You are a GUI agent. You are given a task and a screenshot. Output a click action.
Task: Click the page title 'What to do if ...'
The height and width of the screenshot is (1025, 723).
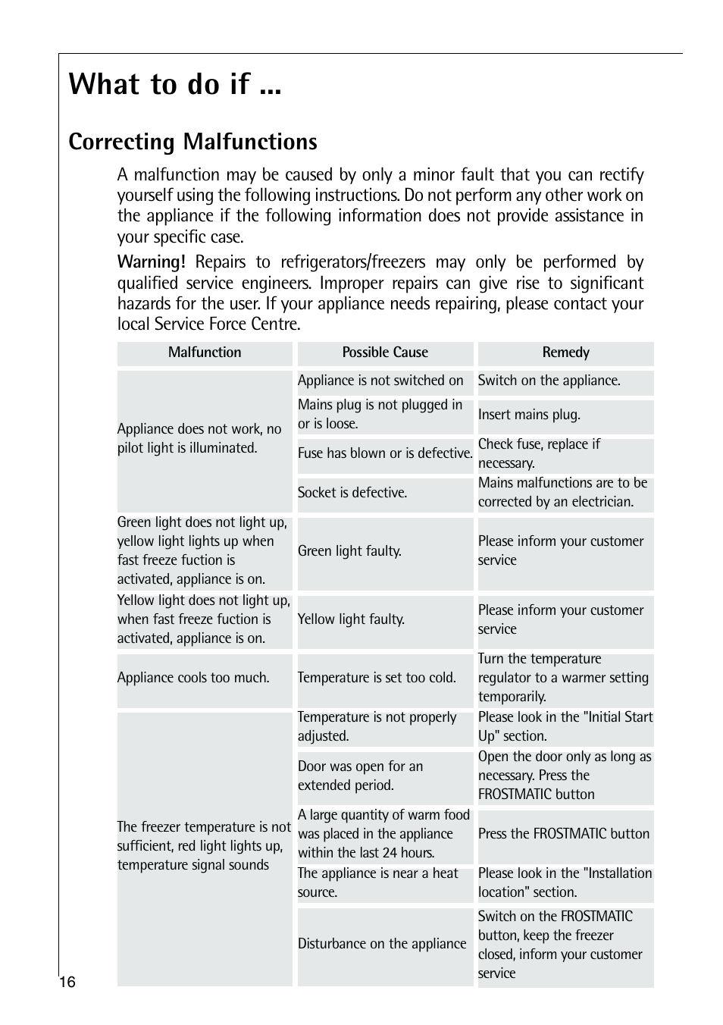[174, 84]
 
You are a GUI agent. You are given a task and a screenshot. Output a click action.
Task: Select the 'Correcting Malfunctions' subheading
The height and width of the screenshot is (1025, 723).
[192, 142]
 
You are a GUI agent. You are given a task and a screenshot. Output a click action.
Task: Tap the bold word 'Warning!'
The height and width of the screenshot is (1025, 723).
[151, 262]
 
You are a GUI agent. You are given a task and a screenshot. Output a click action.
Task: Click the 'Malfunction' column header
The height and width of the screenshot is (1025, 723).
[205, 353]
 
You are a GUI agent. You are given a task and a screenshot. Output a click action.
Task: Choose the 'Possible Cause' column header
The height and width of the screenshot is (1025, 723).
[385, 353]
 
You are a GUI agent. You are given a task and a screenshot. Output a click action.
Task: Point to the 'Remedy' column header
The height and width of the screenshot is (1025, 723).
[565, 353]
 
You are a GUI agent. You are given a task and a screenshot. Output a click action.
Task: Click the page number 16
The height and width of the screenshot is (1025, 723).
[67, 983]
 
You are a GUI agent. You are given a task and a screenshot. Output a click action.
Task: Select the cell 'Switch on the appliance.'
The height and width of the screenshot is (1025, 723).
[549, 381]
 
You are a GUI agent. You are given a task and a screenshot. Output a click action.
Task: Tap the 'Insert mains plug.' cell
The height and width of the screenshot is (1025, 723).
[529, 415]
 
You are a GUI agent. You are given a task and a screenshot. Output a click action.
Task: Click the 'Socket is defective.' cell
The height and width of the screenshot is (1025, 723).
[352, 493]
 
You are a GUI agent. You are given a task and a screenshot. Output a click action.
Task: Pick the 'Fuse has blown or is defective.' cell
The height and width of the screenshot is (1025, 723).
[385, 453]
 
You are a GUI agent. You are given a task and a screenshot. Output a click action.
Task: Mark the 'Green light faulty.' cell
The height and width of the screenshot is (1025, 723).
[349, 551]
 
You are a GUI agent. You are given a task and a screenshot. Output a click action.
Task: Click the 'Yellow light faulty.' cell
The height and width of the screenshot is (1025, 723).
[351, 619]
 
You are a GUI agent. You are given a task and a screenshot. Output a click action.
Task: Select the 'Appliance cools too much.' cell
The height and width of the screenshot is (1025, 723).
[193, 678]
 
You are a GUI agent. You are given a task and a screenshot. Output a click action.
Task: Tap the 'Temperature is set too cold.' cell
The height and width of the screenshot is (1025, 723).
[377, 678]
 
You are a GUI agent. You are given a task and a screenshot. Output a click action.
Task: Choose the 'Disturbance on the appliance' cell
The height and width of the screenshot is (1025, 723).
[382, 944]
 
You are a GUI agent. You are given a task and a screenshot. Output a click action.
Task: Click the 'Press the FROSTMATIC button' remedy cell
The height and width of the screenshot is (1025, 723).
[564, 834]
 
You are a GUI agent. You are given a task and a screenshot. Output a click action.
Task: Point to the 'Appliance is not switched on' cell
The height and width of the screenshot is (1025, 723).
[380, 381]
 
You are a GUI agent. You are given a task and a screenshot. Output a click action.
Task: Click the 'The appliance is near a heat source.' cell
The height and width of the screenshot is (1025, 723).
[378, 882]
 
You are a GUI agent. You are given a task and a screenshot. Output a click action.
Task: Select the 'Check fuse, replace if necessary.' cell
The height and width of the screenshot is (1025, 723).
[539, 453]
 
